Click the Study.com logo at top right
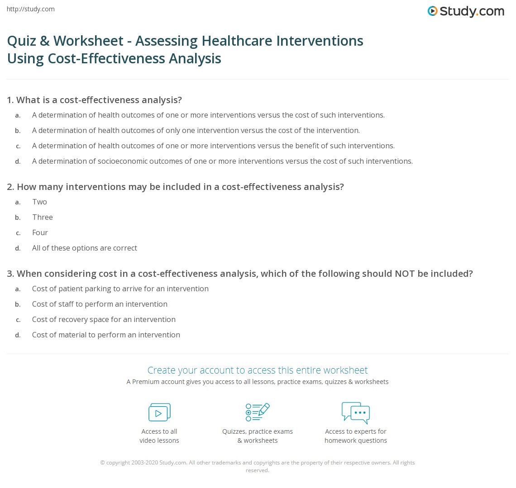click(466, 11)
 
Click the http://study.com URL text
click(31, 9)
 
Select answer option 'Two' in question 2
click(39, 202)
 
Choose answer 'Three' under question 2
click(43, 217)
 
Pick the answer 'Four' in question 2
click(40, 232)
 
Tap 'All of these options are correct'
click(85, 248)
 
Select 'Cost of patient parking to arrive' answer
click(120, 289)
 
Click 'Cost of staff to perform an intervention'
click(100, 304)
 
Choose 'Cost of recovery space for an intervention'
click(104, 319)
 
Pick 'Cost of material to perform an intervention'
click(106, 335)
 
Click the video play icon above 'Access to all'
click(159, 412)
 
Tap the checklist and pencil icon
click(258, 412)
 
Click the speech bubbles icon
click(356, 412)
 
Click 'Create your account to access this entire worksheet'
click(258, 370)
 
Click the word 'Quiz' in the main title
click(21, 41)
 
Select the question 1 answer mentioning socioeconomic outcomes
click(222, 161)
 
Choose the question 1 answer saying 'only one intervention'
click(196, 130)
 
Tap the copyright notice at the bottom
click(258, 466)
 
